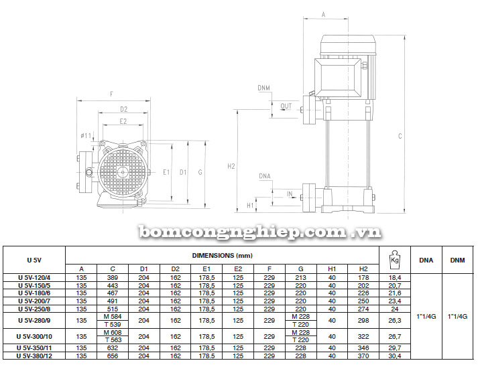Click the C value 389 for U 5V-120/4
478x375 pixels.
coord(113,278)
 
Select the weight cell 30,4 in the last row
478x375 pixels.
coord(395,356)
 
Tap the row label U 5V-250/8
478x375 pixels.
coord(34,309)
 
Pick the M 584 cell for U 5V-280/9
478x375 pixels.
coord(113,317)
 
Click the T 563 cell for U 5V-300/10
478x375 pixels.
coord(113,340)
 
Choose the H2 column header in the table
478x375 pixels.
coord(363,269)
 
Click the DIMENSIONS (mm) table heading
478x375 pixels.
coord(222,256)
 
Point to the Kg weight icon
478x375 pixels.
coord(395,260)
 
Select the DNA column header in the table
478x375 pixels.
coord(426,260)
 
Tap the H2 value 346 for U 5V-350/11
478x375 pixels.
coord(363,348)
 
